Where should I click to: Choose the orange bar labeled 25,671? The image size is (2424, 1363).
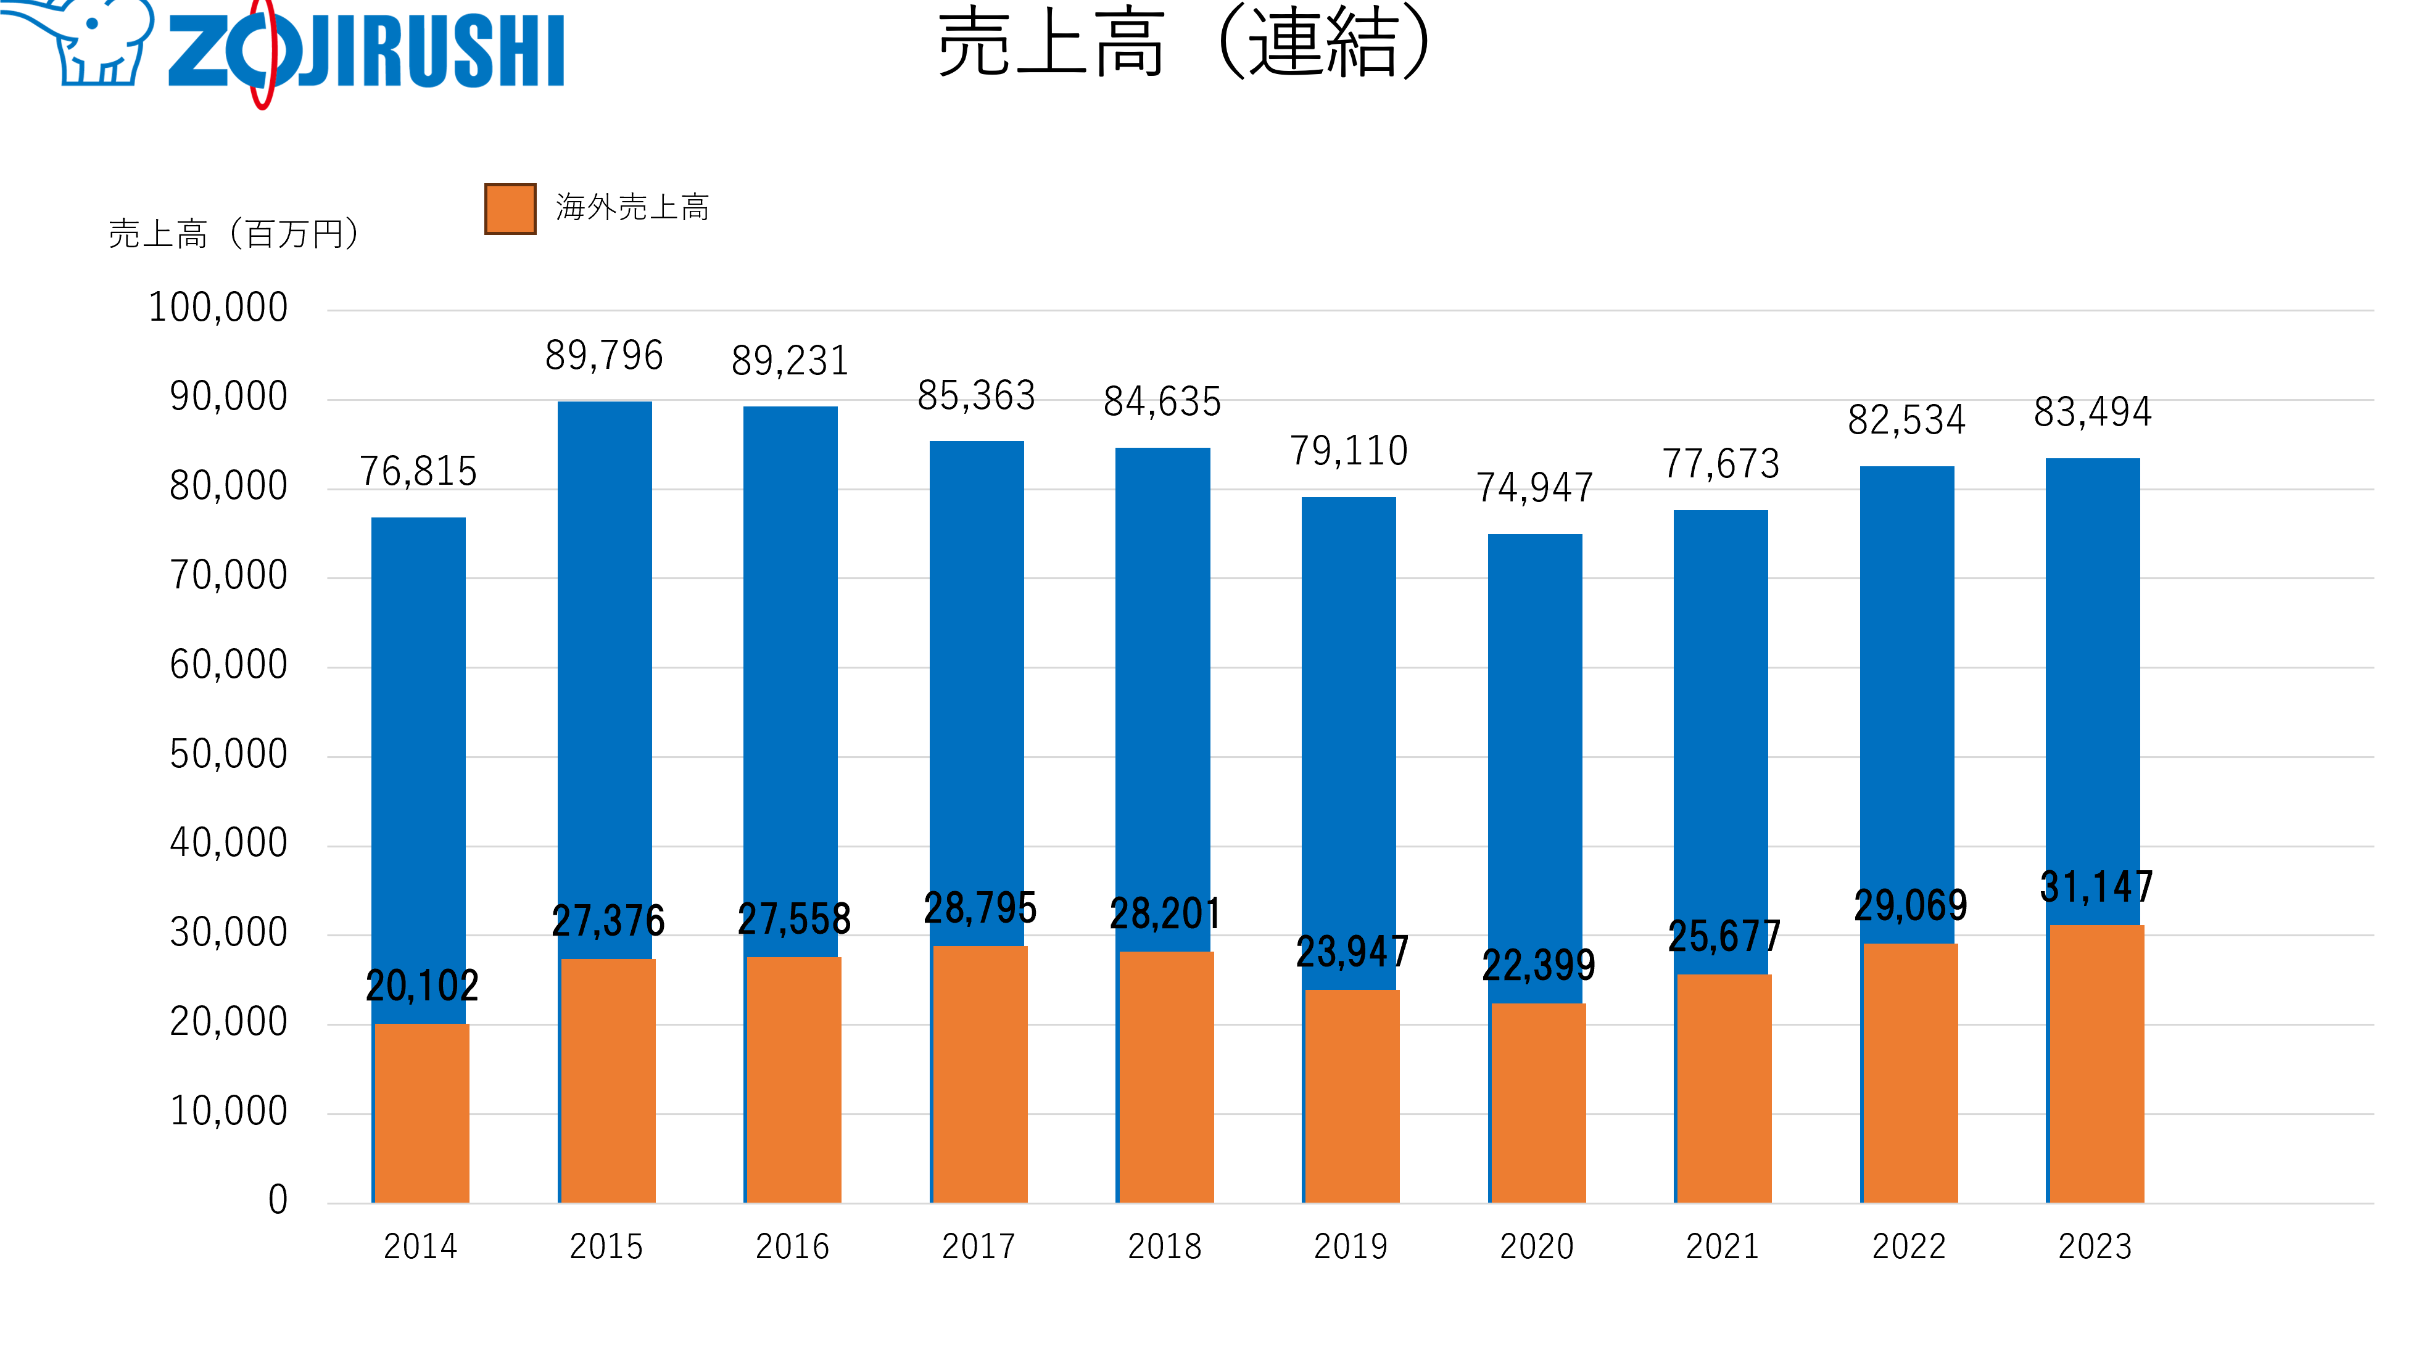click(1724, 1089)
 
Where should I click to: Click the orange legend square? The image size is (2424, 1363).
click(510, 209)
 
